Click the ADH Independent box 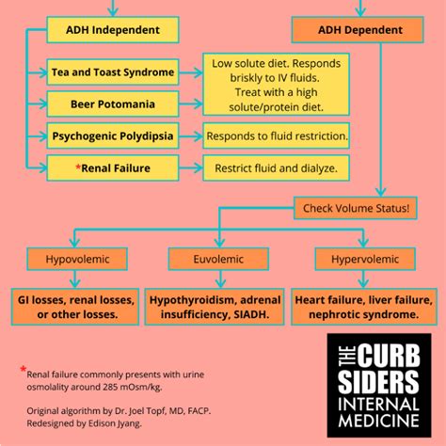click(x=112, y=30)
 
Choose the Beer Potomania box click(x=112, y=104)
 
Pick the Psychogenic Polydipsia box click(x=112, y=136)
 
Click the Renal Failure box click(x=112, y=168)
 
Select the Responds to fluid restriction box click(x=277, y=136)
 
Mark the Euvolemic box click(x=215, y=258)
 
